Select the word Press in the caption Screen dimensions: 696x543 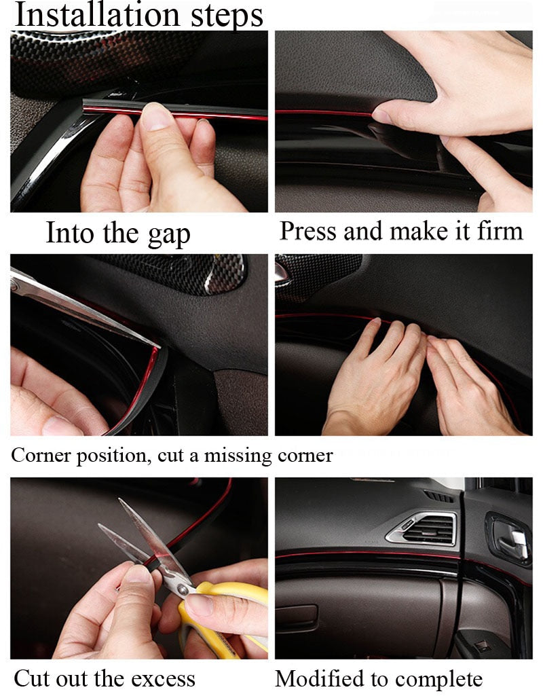308,231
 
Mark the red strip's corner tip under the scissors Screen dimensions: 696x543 157,350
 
